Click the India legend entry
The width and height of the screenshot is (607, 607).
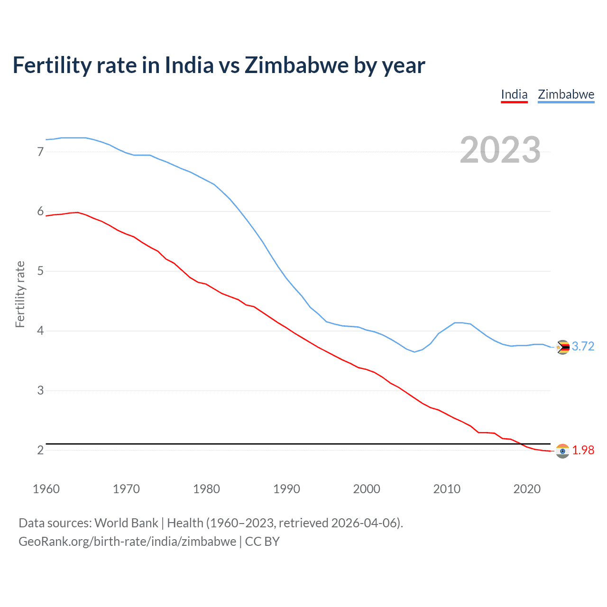click(514, 94)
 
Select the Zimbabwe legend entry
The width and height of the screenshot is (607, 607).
click(566, 94)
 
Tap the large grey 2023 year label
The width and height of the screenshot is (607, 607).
click(500, 150)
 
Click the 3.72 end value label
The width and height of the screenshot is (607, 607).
click(583, 347)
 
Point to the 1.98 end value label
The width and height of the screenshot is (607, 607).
click(583, 450)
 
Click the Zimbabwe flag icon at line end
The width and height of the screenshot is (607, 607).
click(562, 348)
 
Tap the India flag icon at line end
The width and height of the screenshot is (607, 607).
click(562, 451)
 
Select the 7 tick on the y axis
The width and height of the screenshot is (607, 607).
click(40, 152)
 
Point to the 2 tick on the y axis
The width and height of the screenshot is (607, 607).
click(40, 450)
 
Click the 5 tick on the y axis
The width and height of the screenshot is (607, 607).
click(40, 271)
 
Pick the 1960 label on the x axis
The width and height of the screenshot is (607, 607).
click(46, 489)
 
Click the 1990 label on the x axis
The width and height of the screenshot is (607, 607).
click(286, 489)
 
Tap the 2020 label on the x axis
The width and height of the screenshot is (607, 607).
click(527, 489)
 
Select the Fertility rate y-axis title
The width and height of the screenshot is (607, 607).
click(20, 294)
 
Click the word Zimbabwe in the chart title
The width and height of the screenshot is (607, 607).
click(296, 65)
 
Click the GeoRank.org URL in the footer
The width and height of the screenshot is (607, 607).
click(127, 542)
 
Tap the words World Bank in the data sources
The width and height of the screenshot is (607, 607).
click(126, 523)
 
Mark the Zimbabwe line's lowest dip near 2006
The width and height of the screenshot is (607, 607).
click(414, 352)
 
